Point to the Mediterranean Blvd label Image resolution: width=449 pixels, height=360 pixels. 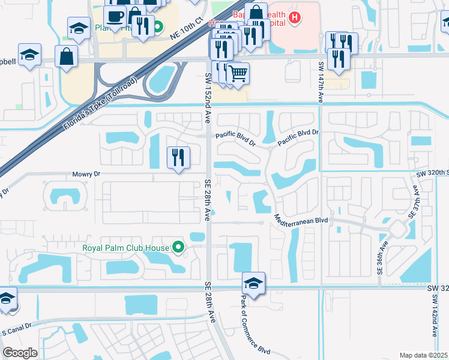coord(301,220)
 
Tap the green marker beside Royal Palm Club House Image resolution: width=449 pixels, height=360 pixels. coord(178,247)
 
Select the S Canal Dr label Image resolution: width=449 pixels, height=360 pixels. coord(17,331)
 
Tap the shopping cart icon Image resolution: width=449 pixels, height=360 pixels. coord(238,73)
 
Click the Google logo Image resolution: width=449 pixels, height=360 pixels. coord(20,353)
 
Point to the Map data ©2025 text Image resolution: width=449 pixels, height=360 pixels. coord(423,355)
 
